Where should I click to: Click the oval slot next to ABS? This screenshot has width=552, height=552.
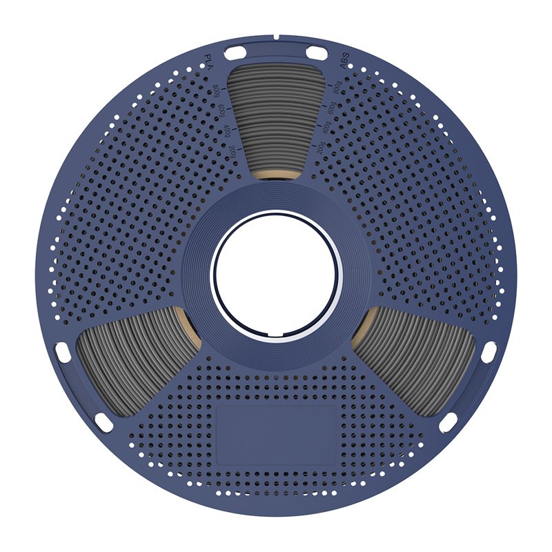coord(317,52)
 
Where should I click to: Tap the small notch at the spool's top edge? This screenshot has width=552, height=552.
coord(275,36)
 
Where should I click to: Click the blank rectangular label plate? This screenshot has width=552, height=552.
coord(276,434)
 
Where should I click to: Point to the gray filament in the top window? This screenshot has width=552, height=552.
coord(276,117)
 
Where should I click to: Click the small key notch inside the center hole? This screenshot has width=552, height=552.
coord(276,337)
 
